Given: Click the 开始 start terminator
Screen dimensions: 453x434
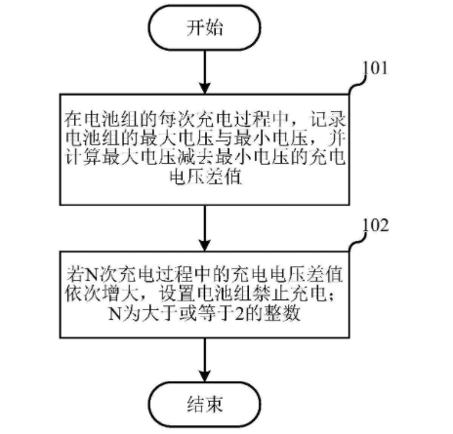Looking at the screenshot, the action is point(205,27).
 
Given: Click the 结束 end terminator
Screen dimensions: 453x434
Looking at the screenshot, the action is point(205,404).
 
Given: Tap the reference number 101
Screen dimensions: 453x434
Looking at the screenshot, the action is point(375,68).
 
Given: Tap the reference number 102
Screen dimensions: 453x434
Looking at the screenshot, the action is point(375,224).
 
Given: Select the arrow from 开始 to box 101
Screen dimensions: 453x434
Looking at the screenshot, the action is point(205,72).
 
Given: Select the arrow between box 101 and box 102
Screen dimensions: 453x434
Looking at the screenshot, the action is point(205,228).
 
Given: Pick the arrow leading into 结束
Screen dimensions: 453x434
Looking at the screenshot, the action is point(205,360).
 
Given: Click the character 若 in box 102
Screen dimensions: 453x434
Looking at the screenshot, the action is point(75,274).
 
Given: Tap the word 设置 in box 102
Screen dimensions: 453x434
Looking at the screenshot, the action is point(177,294).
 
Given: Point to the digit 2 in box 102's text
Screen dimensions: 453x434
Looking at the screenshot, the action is point(239,314).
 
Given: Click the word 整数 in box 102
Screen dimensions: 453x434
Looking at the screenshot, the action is point(282,313).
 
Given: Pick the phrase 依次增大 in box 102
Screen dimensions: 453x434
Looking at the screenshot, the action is point(102,294).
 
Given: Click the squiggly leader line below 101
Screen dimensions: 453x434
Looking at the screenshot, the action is point(356,84).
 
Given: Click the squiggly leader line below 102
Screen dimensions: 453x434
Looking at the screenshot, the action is point(356,241).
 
